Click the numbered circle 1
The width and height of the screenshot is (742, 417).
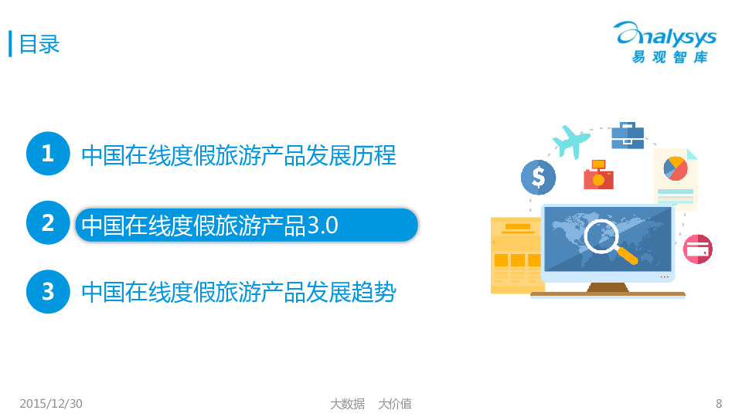pyautogui.click(x=48, y=154)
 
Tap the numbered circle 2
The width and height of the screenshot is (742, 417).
pyautogui.click(x=48, y=222)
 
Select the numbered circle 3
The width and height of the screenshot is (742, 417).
pyautogui.click(x=48, y=292)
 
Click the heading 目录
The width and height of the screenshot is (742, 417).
pyautogui.click(x=39, y=45)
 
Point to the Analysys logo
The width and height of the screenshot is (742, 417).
pyautogui.click(x=666, y=42)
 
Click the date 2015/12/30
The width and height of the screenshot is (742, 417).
pyautogui.click(x=51, y=403)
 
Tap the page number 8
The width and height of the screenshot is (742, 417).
pyautogui.click(x=719, y=403)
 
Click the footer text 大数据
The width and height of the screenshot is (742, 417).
pyautogui.click(x=347, y=404)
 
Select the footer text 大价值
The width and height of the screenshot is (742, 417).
pyautogui.click(x=395, y=404)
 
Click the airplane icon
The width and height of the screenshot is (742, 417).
pyautogui.click(x=570, y=141)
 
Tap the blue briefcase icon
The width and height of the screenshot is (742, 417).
pyautogui.click(x=628, y=136)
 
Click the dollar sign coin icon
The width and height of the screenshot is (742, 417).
pyautogui.click(x=539, y=178)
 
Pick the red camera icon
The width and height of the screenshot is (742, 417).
pyautogui.click(x=598, y=175)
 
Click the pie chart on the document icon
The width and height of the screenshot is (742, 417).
pyautogui.click(x=676, y=168)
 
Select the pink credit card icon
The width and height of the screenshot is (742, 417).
pyautogui.click(x=698, y=249)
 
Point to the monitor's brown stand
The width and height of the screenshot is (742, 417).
pyautogui.click(x=608, y=288)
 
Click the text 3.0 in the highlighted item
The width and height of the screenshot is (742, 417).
pyautogui.click(x=323, y=225)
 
